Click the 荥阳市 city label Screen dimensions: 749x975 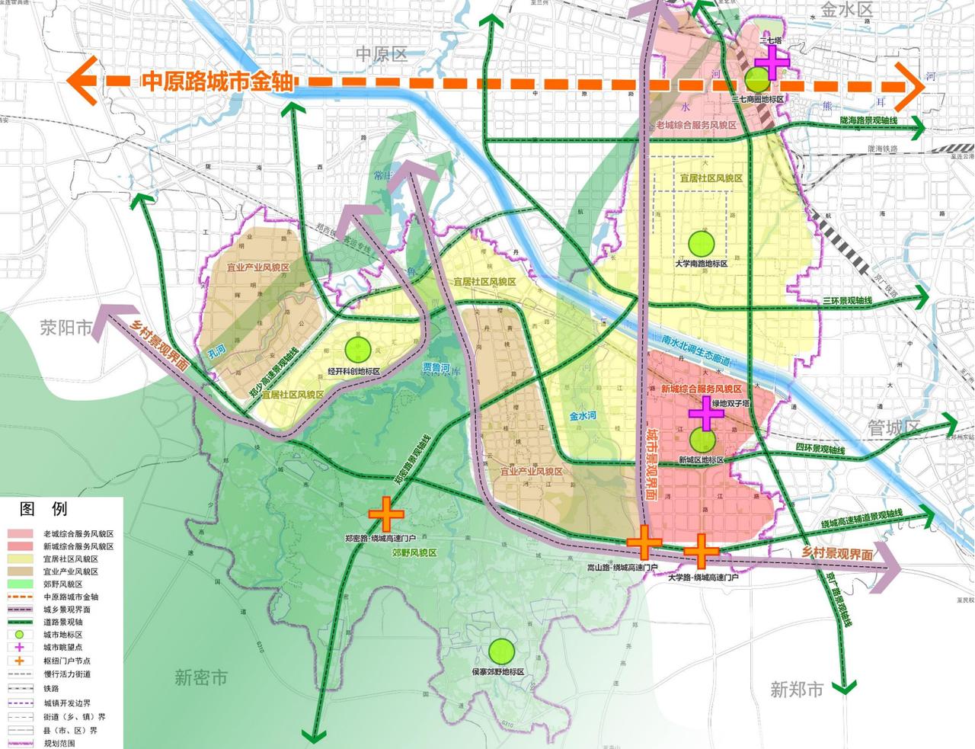coord(66,328)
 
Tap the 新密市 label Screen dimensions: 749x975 coord(201,677)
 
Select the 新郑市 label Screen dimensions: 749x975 coord(797,690)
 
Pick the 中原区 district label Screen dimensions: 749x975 coord(382,54)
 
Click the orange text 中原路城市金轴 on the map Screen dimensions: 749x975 coord(217,82)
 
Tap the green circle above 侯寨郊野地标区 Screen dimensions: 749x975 coord(501,652)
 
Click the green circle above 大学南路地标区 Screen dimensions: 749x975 coord(701,244)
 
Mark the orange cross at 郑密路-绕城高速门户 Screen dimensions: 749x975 coord(386,514)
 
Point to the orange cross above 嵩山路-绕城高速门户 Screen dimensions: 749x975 coord(644,542)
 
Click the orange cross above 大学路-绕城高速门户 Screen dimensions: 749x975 coord(702,550)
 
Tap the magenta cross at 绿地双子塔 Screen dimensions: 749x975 coord(706,412)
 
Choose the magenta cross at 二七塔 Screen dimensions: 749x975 coord(772,62)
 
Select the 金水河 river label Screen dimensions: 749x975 coord(583,417)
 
